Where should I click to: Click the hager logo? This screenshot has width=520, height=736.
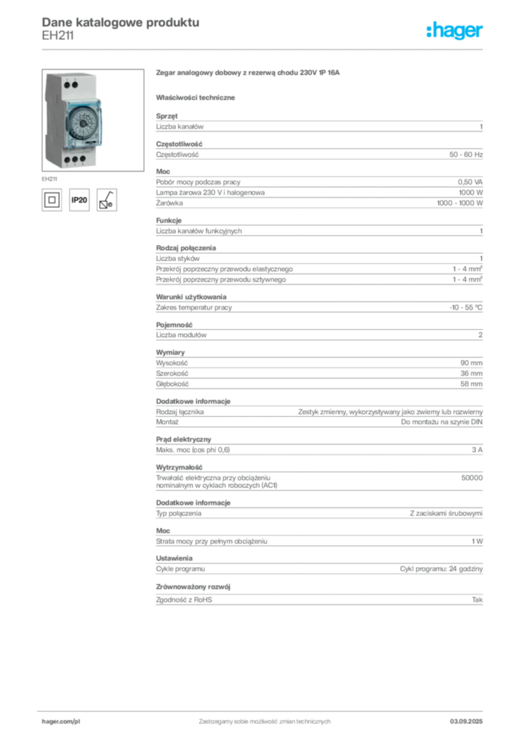pos(454,30)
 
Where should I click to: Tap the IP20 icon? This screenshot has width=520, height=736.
pos(79,200)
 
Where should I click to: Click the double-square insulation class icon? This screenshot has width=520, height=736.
pos(52,200)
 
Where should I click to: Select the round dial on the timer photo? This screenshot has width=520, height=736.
pos(85,124)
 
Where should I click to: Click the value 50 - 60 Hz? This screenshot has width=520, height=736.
pos(465,155)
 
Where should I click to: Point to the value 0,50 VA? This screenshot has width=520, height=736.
pos(470,182)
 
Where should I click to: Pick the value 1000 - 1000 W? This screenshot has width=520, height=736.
pos(460,203)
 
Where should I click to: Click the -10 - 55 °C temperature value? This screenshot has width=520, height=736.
pos(465,308)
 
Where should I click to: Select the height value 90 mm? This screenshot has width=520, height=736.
pos(471,363)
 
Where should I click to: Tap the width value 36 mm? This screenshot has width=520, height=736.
pos(471,374)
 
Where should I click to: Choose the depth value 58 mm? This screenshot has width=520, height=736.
pos(471,384)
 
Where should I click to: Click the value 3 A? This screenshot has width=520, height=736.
pos(477,450)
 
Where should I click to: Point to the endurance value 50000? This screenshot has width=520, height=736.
pos(472,478)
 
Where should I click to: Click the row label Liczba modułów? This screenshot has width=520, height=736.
pos(181,335)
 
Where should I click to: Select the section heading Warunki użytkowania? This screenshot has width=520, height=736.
pos(191,297)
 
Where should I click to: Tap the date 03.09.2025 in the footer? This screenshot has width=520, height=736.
pos(466,722)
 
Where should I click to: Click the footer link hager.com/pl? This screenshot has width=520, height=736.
pos(61,722)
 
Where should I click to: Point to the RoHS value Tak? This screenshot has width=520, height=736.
pos(477,600)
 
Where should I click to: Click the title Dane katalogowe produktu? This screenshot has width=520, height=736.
pos(121,22)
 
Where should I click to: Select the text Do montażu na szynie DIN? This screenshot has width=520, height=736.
pos(442,422)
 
